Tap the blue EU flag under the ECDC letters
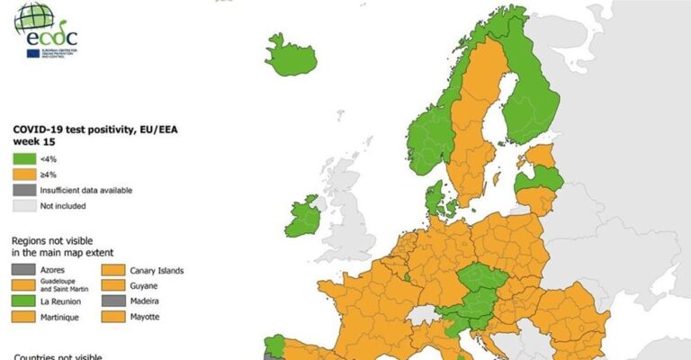(x=33, y=53)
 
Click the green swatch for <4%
(x=23, y=160)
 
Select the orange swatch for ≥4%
(x=23, y=175)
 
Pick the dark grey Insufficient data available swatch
(x=23, y=190)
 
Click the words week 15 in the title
(x=32, y=142)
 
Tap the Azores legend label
(x=50, y=270)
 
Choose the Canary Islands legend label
(x=156, y=270)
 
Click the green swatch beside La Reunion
(x=24, y=301)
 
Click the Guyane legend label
(x=145, y=285)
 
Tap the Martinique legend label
(x=57, y=317)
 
